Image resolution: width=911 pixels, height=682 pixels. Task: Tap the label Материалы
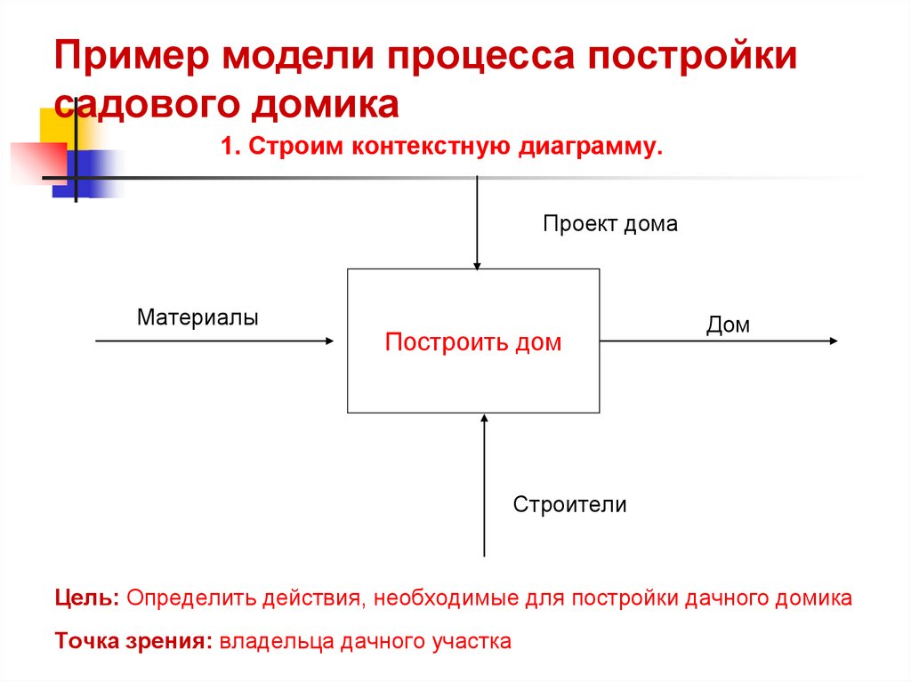(x=198, y=317)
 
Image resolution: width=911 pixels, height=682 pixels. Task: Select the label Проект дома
(x=610, y=224)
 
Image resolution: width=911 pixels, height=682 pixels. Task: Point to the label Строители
(x=569, y=505)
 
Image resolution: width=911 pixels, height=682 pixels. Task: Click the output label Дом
(x=728, y=325)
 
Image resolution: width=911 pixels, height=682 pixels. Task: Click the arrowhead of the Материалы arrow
(x=331, y=341)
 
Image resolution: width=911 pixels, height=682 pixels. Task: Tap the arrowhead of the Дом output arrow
(x=833, y=341)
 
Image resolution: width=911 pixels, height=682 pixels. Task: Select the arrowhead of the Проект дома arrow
(x=478, y=264)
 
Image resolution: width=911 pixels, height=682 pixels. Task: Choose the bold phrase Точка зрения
(x=131, y=641)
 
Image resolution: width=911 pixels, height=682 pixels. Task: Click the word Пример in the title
(x=131, y=58)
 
